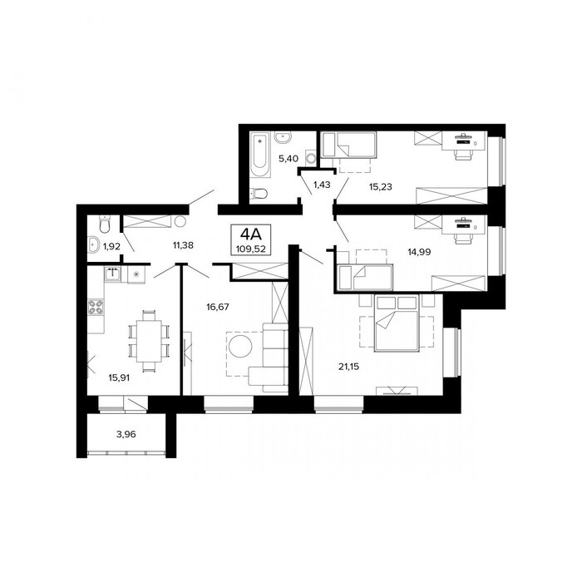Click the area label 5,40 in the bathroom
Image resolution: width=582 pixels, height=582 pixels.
289,159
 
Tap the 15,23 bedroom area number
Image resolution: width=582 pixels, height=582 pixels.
381,187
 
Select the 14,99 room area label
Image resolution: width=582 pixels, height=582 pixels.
419,252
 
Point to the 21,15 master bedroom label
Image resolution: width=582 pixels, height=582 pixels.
348,367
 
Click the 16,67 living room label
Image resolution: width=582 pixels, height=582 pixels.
218,307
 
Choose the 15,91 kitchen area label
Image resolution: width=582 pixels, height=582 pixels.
119,377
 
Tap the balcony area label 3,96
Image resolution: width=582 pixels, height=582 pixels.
126,434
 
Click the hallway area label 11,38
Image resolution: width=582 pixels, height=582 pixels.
183,245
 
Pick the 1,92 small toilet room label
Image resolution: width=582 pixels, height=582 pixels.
111,246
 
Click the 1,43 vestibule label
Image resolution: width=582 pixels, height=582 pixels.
322,185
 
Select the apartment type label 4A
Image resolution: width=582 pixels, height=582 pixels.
251,234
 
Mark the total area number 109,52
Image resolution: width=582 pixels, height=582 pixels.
251,249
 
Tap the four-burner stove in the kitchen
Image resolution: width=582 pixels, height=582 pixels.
96,307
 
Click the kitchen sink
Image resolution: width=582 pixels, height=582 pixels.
111,274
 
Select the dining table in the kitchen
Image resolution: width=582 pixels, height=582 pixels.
149,341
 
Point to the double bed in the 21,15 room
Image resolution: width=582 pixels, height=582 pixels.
397,323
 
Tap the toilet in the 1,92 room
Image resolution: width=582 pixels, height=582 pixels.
105,224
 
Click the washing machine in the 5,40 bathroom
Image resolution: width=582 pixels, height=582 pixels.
311,158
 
